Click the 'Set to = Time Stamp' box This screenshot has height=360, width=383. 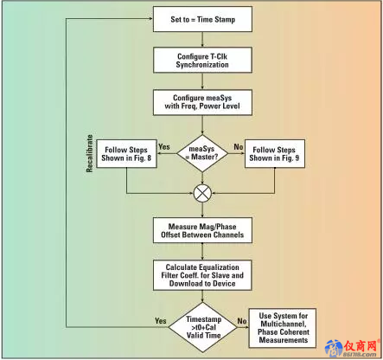[x=202, y=19]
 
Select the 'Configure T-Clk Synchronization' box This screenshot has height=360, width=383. [x=202, y=61]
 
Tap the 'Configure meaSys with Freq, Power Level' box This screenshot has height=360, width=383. [x=202, y=102]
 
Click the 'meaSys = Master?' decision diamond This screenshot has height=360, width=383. [x=202, y=153]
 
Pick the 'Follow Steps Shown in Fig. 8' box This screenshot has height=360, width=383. [x=126, y=154]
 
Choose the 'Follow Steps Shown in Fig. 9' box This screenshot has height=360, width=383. [x=274, y=154]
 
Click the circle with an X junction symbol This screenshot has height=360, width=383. [x=202, y=193]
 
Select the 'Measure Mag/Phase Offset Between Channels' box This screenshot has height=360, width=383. [x=202, y=230]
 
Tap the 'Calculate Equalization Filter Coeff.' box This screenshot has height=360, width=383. [x=202, y=275]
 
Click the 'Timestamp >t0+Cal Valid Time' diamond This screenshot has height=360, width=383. [x=202, y=327]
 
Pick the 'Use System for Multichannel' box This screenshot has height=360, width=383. [x=283, y=328]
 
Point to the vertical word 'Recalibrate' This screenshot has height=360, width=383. [x=90, y=153]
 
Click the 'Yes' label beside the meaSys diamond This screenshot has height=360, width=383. [x=164, y=147]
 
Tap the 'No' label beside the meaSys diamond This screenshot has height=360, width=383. [x=239, y=147]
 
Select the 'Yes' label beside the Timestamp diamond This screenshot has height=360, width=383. [x=161, y=321]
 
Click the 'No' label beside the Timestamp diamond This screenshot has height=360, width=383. [x=242, y=321]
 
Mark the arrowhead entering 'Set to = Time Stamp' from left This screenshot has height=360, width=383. [x=150, y=19]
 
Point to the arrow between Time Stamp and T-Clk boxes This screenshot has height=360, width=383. [x=202, y=40]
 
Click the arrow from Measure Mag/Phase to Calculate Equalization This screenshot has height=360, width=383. [x=202, y=252]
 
